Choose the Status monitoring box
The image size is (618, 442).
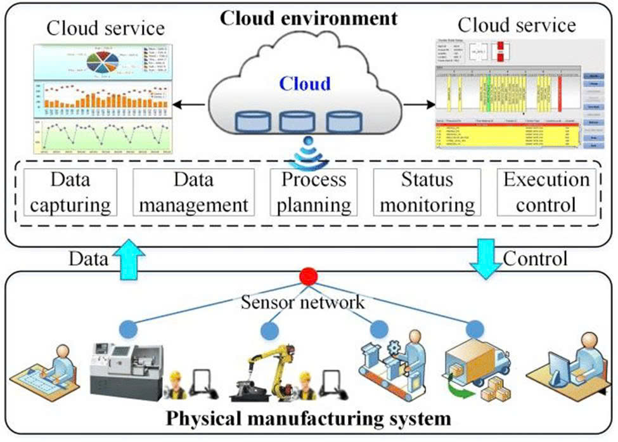428,192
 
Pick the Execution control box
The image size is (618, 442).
546,192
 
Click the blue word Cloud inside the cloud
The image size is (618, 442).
306,84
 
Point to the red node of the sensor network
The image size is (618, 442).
309,277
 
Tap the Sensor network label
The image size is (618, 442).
303,301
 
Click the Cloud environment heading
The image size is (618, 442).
309,17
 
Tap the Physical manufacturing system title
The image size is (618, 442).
309,419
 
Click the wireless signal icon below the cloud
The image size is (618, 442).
308,153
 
